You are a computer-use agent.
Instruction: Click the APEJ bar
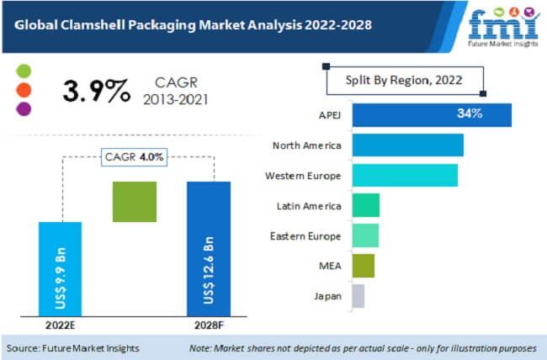[432, 114]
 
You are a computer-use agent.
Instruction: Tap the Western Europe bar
[405, 175]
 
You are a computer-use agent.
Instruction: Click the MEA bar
[363, 266]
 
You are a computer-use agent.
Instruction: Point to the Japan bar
[358, 296]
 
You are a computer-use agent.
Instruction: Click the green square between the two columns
[135, 202]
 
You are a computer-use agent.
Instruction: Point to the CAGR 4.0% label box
[134, 157]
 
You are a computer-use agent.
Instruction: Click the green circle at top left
[24, 69]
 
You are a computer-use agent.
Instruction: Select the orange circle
[24, 88]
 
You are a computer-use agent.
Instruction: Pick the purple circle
[24, 108]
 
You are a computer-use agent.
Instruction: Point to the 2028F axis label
[208, 326]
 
